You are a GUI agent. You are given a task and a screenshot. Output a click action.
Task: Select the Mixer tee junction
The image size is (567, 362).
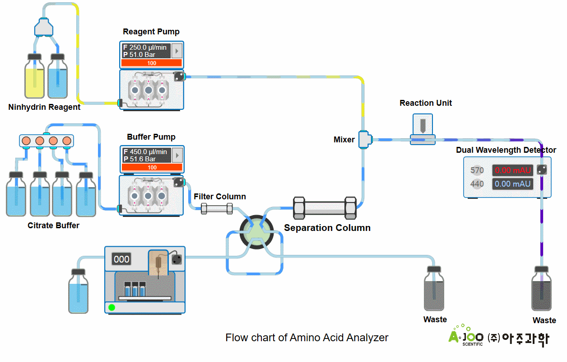click(x=364, y=140)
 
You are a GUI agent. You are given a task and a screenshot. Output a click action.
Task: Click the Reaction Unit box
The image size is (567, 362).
click(x=423, y=129)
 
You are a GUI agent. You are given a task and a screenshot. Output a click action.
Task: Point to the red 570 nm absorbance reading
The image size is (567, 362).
click(x=512, y=170)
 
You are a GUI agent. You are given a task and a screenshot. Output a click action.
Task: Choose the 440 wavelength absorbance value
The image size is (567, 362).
click(x=512, y=184)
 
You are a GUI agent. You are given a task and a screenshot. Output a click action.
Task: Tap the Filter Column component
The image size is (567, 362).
click(x=217, y=208)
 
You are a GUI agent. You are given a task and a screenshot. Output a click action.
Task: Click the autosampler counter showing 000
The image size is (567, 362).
click(x=121, y=259)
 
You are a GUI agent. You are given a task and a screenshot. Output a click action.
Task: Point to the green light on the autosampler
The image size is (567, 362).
click(x=112, y=307)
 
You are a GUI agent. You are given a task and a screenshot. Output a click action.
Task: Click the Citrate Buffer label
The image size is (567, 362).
click(x=53, y=226)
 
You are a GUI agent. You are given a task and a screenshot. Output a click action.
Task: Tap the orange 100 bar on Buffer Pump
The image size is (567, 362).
click(x=152, y=168)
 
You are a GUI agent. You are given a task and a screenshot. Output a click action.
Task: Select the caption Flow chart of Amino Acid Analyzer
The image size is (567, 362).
click(x=307, y=338)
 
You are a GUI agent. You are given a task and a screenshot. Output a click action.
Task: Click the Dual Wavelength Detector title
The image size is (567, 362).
click(x=506, y=150)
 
